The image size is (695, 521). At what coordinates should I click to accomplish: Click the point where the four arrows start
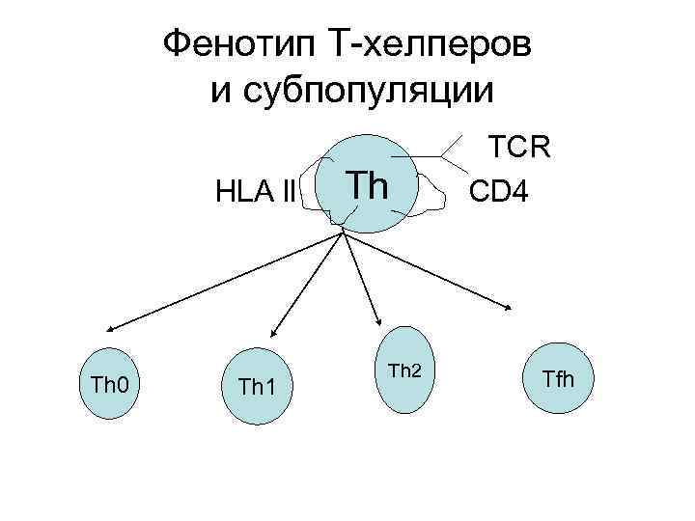click(343, 230)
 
